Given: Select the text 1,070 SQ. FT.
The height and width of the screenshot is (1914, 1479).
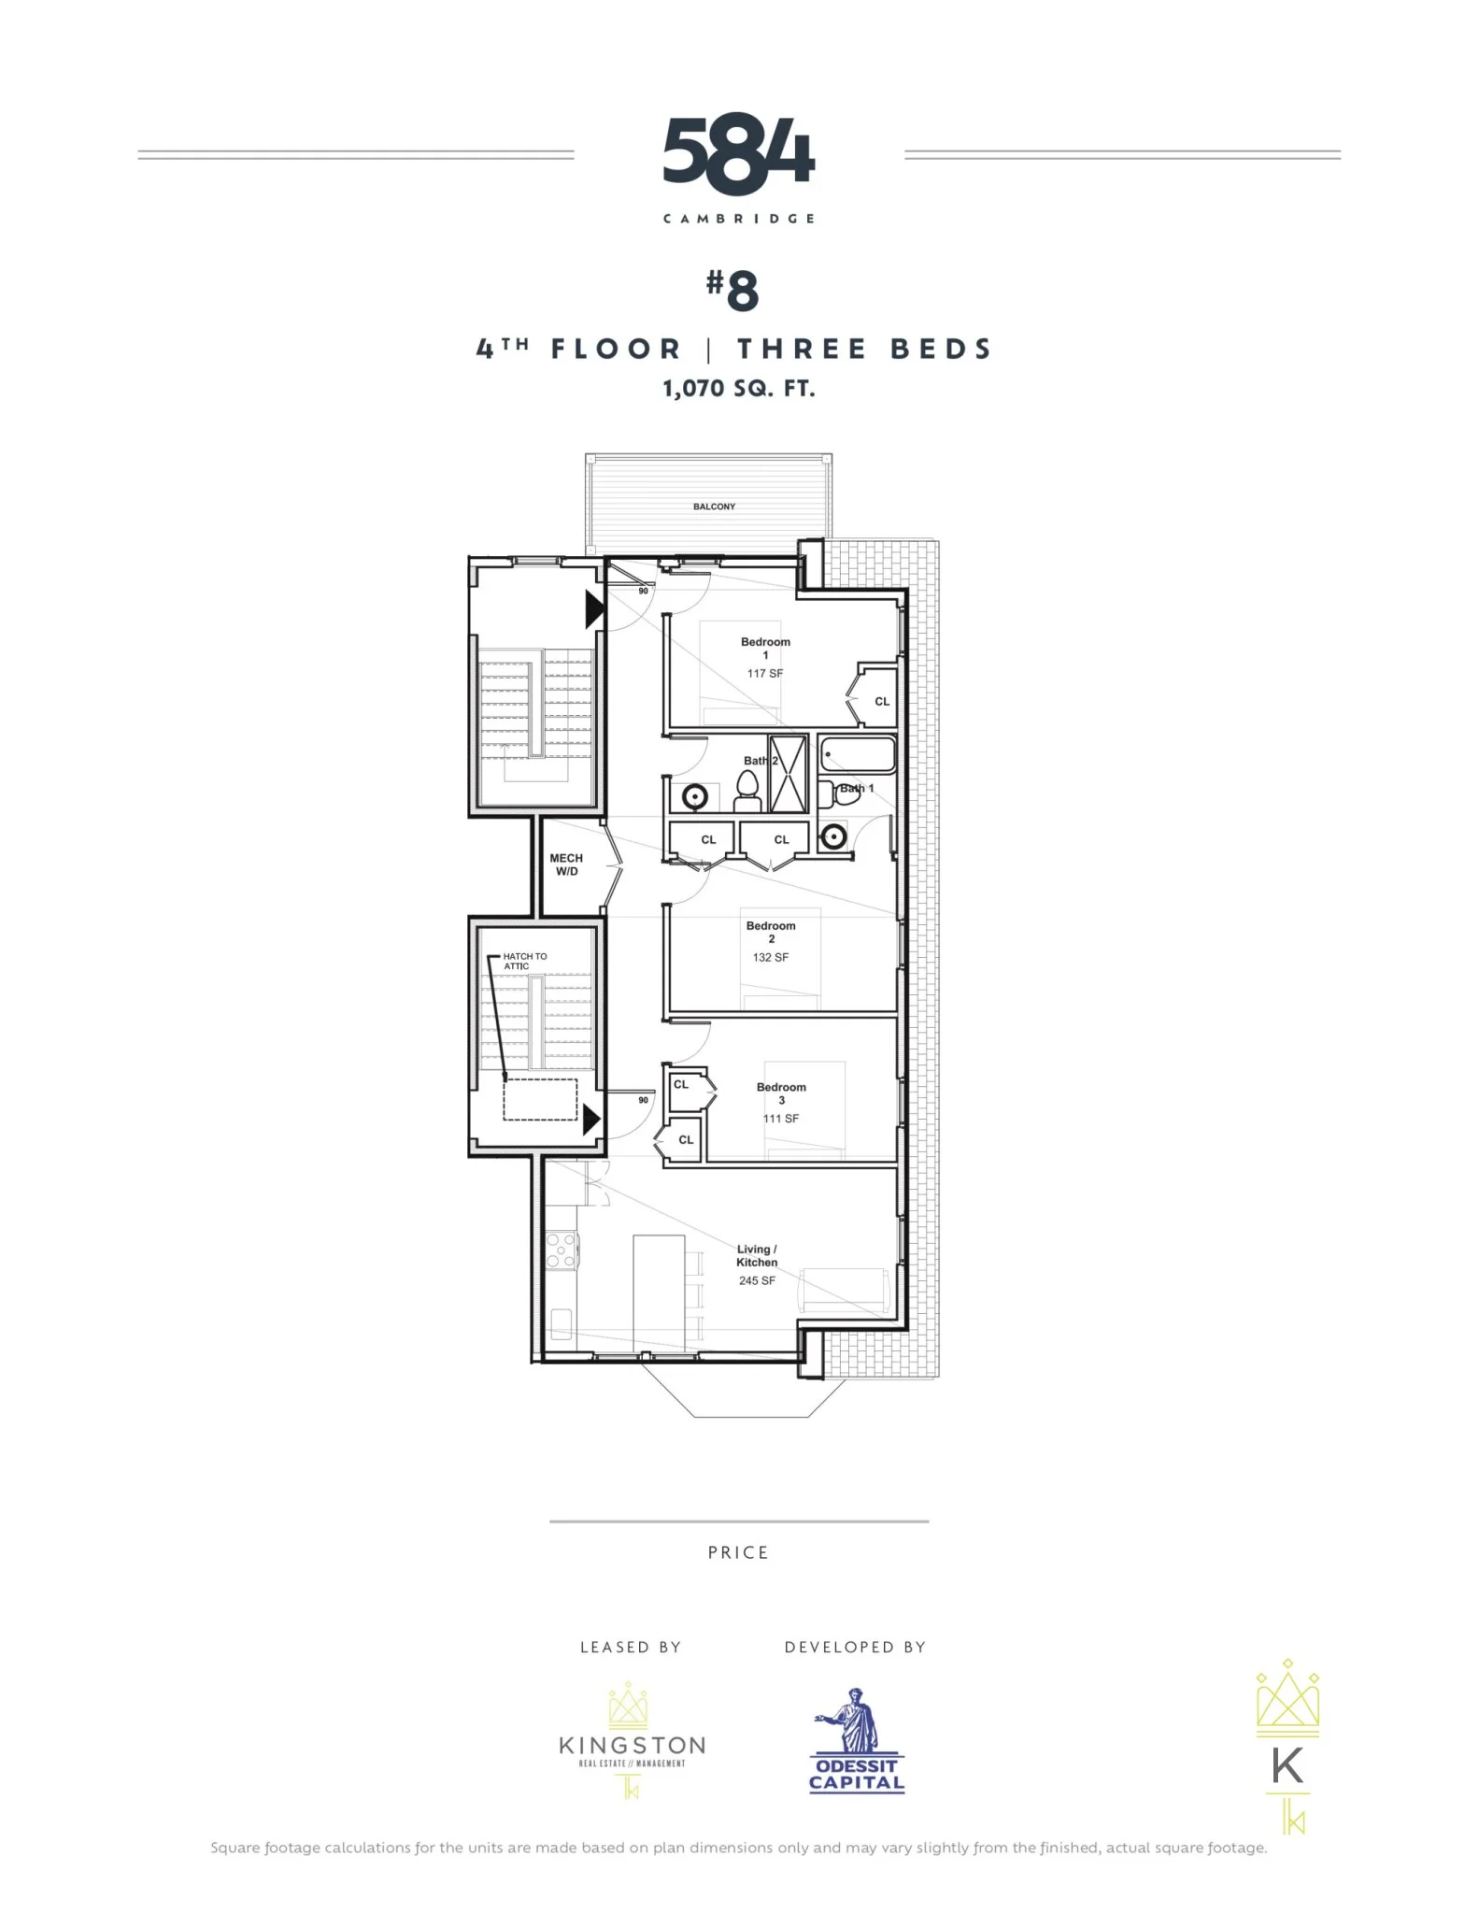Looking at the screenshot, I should pos(738,389).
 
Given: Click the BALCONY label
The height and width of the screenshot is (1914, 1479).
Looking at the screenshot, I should pos(714,507).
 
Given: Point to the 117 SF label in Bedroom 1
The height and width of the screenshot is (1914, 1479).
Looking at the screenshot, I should pos(764,673).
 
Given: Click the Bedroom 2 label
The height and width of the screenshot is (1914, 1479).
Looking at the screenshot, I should pos(771,932).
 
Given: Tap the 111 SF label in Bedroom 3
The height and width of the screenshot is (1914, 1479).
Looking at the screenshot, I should pos(780,1119).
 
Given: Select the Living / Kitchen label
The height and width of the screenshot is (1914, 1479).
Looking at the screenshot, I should pos(757,1255).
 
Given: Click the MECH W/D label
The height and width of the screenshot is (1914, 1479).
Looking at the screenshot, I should pos(566,864).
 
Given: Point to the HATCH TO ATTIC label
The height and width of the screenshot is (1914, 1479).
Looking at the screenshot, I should pos(524,961).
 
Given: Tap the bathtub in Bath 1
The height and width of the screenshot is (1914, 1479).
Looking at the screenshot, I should pos(858,754).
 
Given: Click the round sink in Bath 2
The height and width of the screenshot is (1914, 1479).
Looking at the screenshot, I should pos(694,797).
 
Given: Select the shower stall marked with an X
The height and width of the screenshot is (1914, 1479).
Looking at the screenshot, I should pos(788,774).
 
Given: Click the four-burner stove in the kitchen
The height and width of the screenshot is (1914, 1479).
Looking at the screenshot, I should pos(561,1250).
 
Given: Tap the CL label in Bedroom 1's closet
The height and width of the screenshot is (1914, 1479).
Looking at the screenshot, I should pos(882,701).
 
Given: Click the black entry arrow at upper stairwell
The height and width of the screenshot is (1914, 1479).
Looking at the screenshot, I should pos(594,609).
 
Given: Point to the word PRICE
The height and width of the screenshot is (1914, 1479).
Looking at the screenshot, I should pos(738,1552).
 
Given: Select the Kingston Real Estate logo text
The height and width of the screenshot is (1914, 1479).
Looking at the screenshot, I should pos(632,1746).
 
